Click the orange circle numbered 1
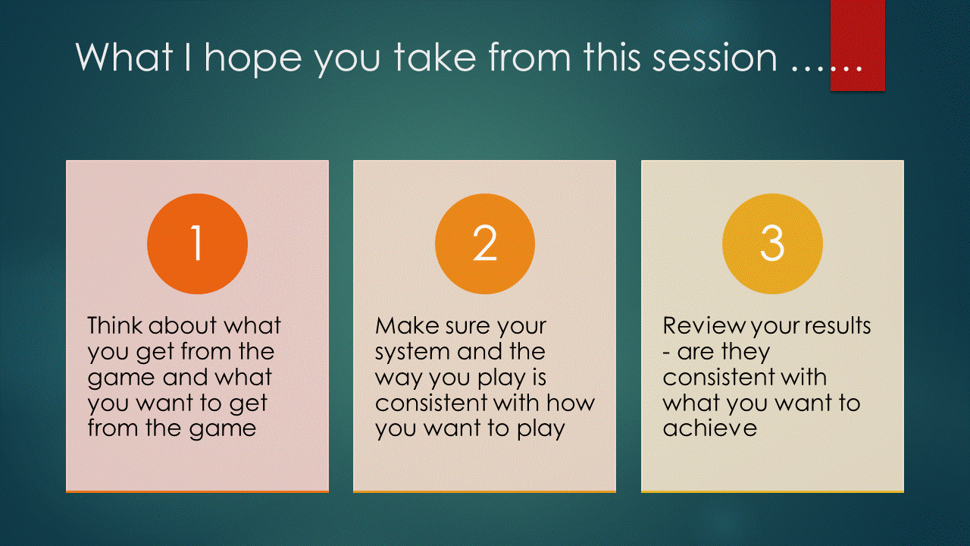tap(198, 243)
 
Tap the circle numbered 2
tap(485, 243)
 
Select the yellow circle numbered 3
tap(772, 243)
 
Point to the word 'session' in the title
tap(715, 58)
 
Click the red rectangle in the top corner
tap(857, 45)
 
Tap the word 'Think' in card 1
tap(114, 325)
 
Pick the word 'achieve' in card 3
tap(710, 428)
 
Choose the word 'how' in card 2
tap(571, 403)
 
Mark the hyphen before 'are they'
tap(666, 353)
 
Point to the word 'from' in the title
tap(530, 57)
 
